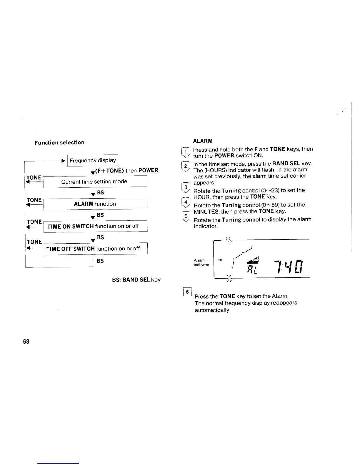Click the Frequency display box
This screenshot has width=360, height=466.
[x=93, y=160]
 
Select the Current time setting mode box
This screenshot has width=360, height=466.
[x=94, y=182]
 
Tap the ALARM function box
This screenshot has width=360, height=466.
[x=95, y=204]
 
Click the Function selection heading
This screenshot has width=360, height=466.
[x=59, y=143]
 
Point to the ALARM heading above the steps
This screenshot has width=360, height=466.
[x=203, y=141]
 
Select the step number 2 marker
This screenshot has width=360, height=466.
[x=186, y=166]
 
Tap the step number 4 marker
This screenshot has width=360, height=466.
[x=186, y=202]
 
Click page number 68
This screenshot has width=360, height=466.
[x=26, y=342]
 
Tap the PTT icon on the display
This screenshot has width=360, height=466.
[x=254, y=261]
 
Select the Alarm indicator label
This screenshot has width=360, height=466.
[x=202, y=262]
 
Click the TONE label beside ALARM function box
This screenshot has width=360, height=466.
[x=34, y=200]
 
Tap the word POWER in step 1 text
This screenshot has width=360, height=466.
[x=224, y=156]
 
